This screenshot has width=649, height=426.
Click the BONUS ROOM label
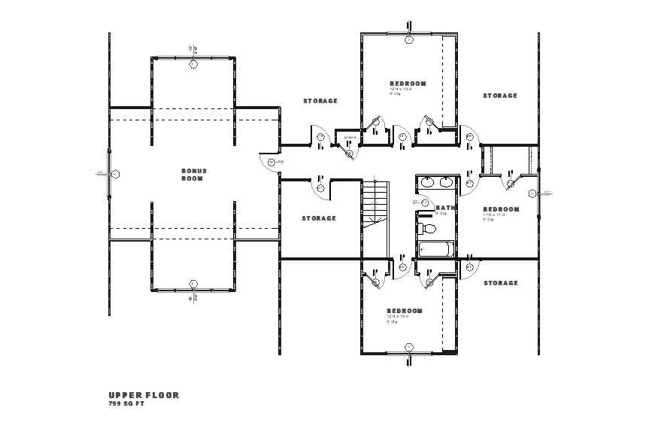[193, 174]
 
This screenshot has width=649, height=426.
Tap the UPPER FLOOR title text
[144, 395]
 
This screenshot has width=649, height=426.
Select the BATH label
[445, 208]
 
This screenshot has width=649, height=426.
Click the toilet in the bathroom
[428, 228]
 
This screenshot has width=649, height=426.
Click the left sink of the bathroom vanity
[427, 182]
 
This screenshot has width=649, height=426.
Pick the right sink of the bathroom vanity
[446, 182]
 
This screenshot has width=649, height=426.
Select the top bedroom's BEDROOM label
[408, 83]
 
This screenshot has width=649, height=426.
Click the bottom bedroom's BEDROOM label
[405, 311]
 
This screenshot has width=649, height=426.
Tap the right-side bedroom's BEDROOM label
[501, 208]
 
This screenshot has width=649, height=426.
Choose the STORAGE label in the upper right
[500, 96]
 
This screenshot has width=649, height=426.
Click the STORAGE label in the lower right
[500, 283]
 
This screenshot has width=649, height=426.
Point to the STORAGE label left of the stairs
[319, 218]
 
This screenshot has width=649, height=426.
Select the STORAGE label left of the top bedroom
[320, 100]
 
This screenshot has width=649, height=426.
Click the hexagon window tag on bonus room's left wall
[115, 175]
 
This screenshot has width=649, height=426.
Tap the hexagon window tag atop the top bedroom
[409, 39]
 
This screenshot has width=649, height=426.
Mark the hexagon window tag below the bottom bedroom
[409, 347]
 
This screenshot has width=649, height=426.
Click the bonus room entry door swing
[269, 161]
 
